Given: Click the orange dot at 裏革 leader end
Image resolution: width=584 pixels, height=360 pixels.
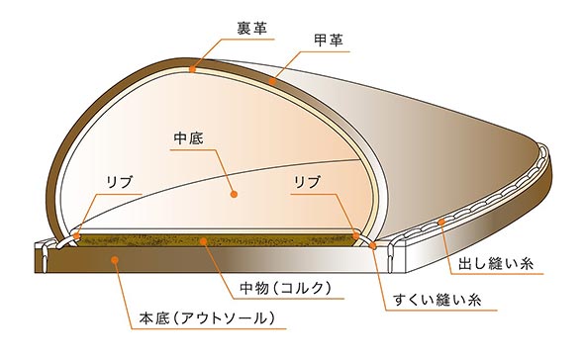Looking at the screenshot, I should coord(192,70).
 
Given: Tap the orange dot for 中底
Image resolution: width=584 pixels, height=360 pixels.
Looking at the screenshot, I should coord(235,196).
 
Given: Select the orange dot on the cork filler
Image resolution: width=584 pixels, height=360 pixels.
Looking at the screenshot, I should coord(205,239).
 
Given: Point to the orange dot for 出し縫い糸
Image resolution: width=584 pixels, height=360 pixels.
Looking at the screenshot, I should coord(442,223).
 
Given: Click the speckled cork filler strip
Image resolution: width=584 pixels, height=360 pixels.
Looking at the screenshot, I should coord(148,240).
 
